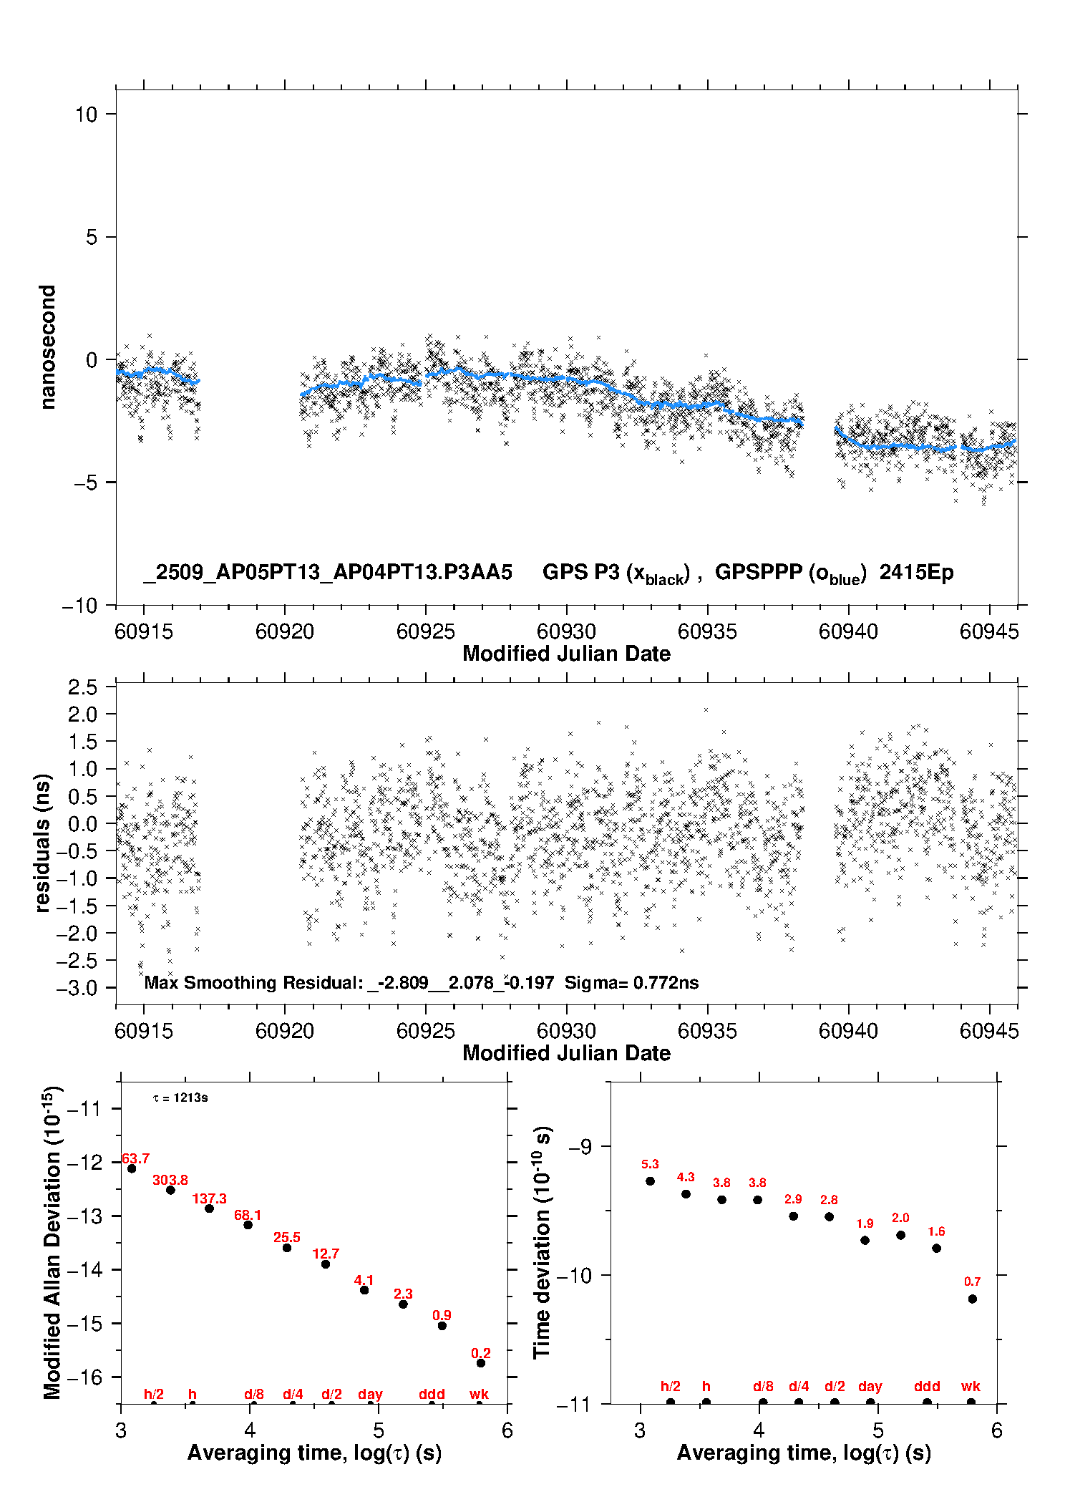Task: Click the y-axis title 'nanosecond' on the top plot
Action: pyautogui.click(x=47, y=347)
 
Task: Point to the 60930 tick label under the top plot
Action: pyautogui.click(x=566, y=631)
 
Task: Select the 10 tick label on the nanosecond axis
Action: pyautogui.click(x=86, y=115)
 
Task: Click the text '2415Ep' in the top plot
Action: pyautogui.click(x=916, y=573)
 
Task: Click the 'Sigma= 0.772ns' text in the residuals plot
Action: pyautogui.click(x=631, y=983)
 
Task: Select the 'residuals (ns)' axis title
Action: pyautogui.click(x=43, y=843)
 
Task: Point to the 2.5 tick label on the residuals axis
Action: pyautogui.click(x=82, y=687)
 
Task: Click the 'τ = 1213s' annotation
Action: pyautogui.click(x=180, y=1098)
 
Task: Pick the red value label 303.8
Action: pyautogui.click(x=170, y=1181)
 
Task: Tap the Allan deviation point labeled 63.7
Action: pyautogui.click(x=132, y=1169)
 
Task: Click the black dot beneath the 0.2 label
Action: pyautogui.click(x=481, y=1363)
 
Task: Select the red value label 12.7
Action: pyautogui.click(x=326, y=1254)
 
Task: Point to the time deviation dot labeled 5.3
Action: pyautogui.click(x=650, y=1181)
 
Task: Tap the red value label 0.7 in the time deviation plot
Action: pyautogui.click(x=972, y=1282)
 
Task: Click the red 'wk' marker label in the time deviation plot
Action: pyautogui.click(x=971, y=1387)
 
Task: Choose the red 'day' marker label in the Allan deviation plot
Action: pyautogui.click(x=370, y=1395)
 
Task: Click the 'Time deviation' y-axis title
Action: pyautogui.click(x=542, y=1243)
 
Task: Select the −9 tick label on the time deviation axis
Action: pyautogui.click(x=580, y=1147)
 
